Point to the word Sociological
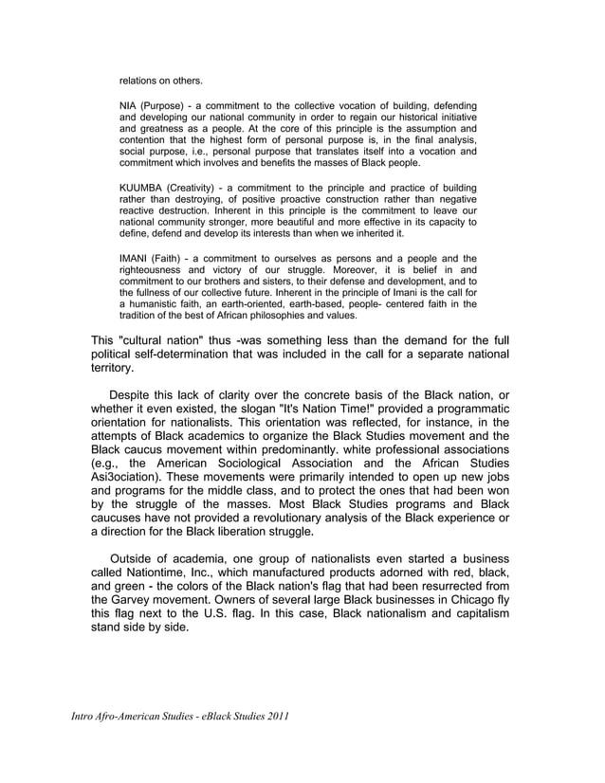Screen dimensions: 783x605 261,464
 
